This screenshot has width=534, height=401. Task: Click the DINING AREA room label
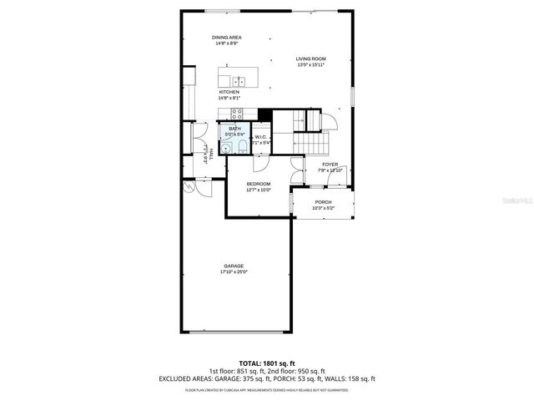(x=226, y=38)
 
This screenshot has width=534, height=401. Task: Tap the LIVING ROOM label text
(x=310, y=58)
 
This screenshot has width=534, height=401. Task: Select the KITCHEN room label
(x=229, y=92)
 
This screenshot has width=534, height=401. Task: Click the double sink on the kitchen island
(x=239, y=81)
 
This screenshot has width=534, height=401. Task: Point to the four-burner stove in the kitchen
(x=236, y=114)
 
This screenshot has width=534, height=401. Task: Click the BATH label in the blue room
(x=234, y=128)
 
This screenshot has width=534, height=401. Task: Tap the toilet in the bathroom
(x=242, y=147)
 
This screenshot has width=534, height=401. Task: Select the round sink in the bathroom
(x=225, y=148)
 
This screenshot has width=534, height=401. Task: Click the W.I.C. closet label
(x=260, y=137)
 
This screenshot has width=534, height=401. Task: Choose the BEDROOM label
(x=258, y=184)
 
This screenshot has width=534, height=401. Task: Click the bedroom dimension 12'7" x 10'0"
(x=258, y=190)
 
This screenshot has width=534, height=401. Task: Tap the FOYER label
(x=330, y=165)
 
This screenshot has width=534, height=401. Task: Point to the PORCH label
(x=323, y=202)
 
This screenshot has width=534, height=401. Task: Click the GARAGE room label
(x=234, y=266)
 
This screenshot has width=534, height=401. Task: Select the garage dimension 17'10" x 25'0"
(x=234, y=272)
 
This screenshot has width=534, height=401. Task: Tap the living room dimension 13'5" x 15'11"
(x=310, y=64)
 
